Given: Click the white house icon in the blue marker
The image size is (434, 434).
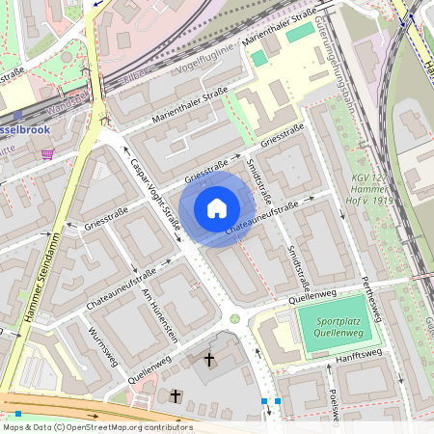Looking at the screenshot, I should (217, 207).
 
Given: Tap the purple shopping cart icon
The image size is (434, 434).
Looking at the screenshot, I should (47, 154).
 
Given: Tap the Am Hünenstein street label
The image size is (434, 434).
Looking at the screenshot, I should (160, 315).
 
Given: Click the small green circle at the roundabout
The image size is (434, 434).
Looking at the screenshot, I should (234, 319).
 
